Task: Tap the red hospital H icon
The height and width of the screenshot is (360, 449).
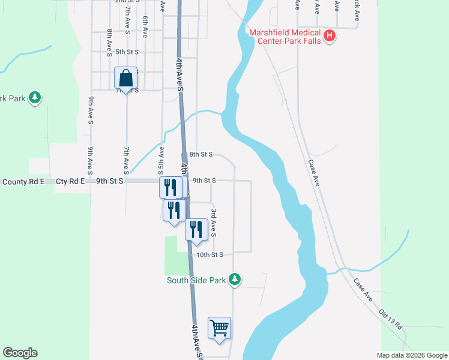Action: pyautogui.click(x=329, y=37)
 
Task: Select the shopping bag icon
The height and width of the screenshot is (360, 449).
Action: pyautogui.click(x=126, y=78)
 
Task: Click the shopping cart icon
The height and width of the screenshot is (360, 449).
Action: pyautogui.click(x=220, y=328)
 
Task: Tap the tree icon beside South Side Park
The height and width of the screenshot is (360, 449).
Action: pyautogui.click(x=236, y=280)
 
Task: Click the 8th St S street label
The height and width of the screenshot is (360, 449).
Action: pyautogui.click(x=200, y=154)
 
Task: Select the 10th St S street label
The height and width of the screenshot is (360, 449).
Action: pyautogui.click(x=209, y=254)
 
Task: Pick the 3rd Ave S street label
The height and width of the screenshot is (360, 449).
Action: pyautogui.click(x=213, y=223)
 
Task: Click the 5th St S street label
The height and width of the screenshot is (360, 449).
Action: pyautogui.click(x=127, y=52)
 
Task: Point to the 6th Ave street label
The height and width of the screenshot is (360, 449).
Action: pyautogui.click(x=145, y=27)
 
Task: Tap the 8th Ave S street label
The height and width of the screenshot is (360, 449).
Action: pyautogui.click(x=109, y=43)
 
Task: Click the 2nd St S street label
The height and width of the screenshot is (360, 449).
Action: pyautogui.click(x=127, y=2)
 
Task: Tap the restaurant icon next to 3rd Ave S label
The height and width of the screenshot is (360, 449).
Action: pyautogui.click(x=196, y=229)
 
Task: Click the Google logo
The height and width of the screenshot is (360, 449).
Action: pyautogui.click(x=20, y=353)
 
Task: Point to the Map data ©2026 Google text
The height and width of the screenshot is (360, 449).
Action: pyautogui.click(x=411, y=355)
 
